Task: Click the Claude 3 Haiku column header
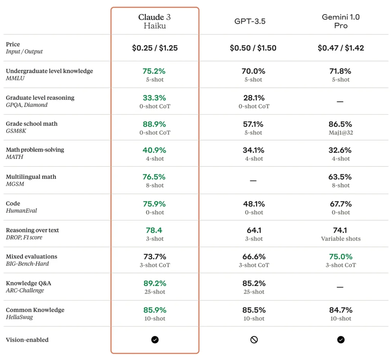(x=155, y=21)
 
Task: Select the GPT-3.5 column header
(x=250, y=21)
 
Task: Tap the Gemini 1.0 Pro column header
(x=340, y=21)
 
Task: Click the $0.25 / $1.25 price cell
(x=155, y=48)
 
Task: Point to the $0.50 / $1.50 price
(x=253, y=48)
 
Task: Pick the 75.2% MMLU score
(x=155, y=71)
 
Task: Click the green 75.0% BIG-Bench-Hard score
(x=341, y=257)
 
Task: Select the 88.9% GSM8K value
(x=155, y=124)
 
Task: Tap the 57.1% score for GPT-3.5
(x=253, y=124)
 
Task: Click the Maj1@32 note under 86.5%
(x=341, y=133)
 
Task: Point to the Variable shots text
(x=341, y=239)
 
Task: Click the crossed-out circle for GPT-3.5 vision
(x=254, y=340)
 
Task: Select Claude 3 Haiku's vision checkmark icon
(x=155, y=340)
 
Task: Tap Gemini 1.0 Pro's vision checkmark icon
(x=341, y=340)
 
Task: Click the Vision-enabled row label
(x=27, y=340)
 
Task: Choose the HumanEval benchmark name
(x=21, y=211)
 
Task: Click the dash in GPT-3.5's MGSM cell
(x=253, y=181)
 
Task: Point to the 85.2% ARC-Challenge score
(x=254, y=283)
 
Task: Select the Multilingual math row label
(x=31, y=177)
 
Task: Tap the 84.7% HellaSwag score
(x=341, y=310)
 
